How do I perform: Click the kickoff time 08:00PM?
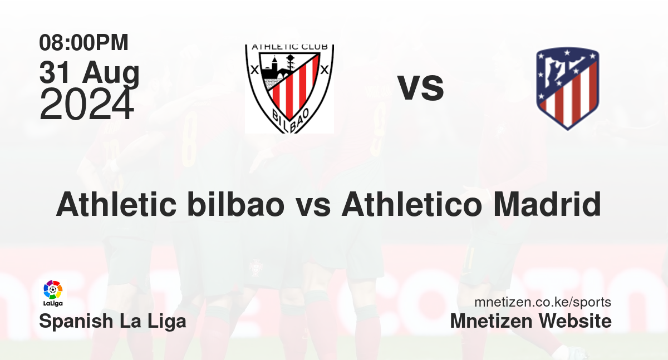coord(83,43)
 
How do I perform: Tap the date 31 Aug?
coord(90,73)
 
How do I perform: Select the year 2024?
coord(86,104)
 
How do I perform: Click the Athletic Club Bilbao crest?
coord(289,89)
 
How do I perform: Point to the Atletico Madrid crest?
coord(567,88)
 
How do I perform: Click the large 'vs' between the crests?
coord(420,87)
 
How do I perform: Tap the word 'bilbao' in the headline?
coord(236,204)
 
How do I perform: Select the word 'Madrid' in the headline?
coord(547,204)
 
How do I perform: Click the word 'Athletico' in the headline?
coord(411,204)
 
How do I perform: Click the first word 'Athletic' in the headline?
coord(116,204)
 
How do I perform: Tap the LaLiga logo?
coord(53,293)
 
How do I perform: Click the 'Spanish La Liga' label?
coord(112,322)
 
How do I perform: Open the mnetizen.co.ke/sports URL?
coord(543,302)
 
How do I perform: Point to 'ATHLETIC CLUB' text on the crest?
coord(290,47)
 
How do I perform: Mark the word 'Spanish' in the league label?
coord(76,322)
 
